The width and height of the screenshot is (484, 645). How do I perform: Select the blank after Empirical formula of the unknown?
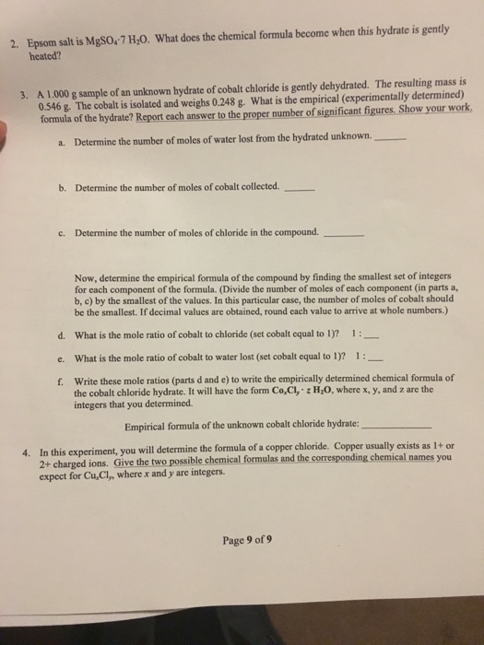point(398,427)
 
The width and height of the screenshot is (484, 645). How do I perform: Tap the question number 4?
point(28,455)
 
